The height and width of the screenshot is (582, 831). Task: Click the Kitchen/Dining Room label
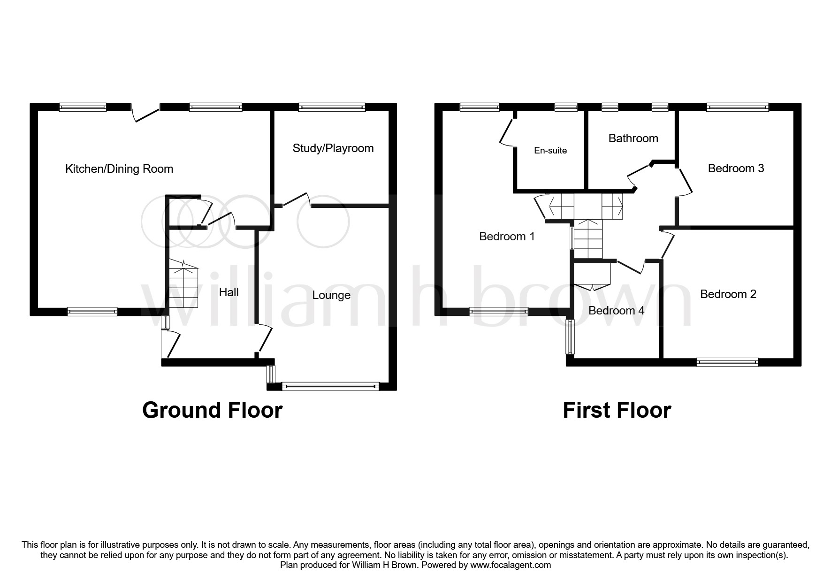tap(119, 169)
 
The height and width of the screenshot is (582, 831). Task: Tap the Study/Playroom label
tap(333, 148)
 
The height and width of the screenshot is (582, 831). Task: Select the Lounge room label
tap(331, 295)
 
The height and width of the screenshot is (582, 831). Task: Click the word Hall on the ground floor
tap(229, 292)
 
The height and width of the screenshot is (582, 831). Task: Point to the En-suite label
tap(550, 151)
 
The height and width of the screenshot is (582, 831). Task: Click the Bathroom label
tap(633, 138)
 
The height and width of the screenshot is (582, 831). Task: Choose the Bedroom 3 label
tap(736, 168)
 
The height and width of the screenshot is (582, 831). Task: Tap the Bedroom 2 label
tap(728, 294)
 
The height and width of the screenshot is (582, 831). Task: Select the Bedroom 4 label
tap(616, 311)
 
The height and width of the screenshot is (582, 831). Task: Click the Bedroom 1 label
tap(506, 237)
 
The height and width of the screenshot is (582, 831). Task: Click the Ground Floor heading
tap(212, 410)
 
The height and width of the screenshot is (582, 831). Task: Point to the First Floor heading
tap(617, 410)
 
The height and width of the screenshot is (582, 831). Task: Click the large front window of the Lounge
tap(331, 387)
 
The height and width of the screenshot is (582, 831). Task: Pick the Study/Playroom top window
tap(332, 107)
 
